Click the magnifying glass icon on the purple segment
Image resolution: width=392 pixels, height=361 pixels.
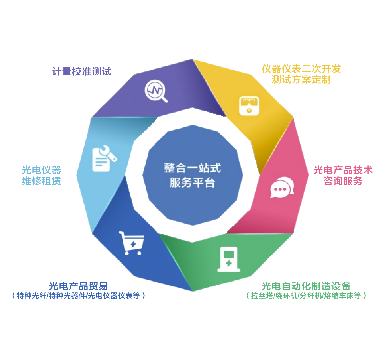click(x=156, y=91)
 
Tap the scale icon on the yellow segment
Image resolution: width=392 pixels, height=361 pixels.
click(x=249, y=106)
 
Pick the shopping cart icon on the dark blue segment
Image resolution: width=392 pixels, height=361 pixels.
click(x=131, y=243)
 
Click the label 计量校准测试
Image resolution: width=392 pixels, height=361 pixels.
click(x=82, y=72)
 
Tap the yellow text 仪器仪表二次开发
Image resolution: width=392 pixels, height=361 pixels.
click(x=301, y=69)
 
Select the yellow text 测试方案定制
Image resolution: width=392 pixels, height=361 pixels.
click(x=301, y=79)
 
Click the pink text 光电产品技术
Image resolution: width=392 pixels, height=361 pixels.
click(x=343, y=170)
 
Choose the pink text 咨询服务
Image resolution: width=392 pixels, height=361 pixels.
click(x=343, y=181)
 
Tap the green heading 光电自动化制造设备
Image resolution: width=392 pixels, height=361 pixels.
click(x=306, y=286)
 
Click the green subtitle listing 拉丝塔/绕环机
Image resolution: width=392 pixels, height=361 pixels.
click(x=306, y=295)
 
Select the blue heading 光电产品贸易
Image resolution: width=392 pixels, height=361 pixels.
click(x=78, y=286)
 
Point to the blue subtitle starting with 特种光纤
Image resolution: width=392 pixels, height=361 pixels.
click(x=78, y=295)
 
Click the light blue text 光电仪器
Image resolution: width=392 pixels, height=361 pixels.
click(x=42, y=170)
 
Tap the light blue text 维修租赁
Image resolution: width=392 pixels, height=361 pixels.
click(x=42, y=181)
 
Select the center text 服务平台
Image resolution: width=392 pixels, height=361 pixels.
click(x=192, y=182)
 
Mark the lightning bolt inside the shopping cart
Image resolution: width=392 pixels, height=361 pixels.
click(x=133, y=244)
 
